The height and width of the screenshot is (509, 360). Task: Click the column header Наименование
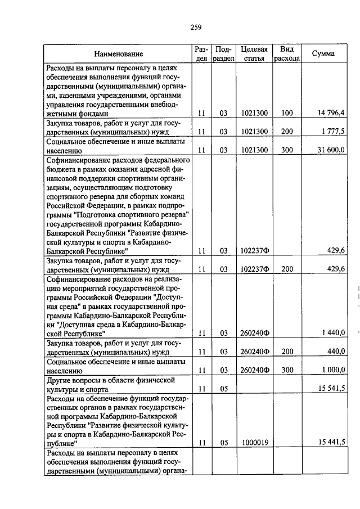point(118,54)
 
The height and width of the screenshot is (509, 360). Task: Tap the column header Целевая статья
point(253,54)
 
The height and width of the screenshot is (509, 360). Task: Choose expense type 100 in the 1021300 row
point(287,113)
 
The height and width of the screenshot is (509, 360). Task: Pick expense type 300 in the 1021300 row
point(287,150)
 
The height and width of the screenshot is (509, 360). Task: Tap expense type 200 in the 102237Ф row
point(287,269)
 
